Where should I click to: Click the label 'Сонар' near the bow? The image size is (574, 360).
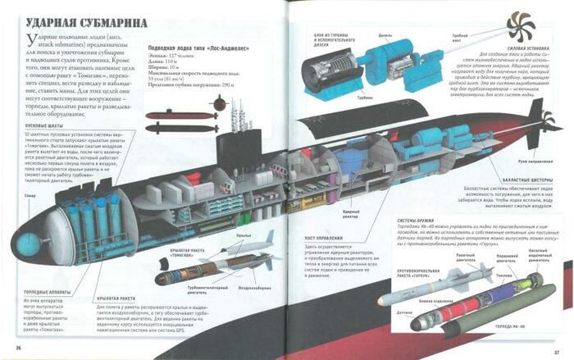(x=30, y=198)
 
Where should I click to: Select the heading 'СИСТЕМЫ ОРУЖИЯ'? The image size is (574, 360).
(x=417, y=221)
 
